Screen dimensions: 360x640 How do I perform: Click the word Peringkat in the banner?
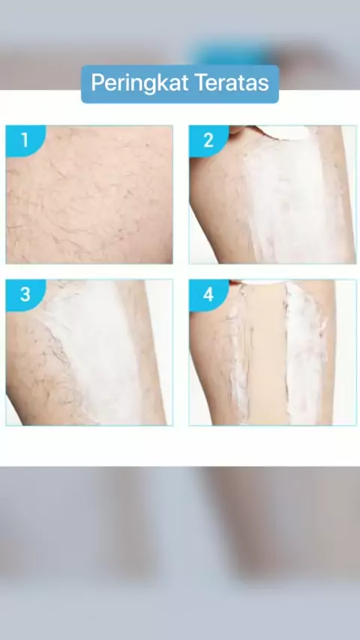(139, 83)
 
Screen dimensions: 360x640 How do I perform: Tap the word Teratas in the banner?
(232, 82)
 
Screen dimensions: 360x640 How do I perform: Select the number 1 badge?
(25, 140)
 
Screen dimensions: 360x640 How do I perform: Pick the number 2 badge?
(208, 140)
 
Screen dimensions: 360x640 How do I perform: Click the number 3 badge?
(25, 295)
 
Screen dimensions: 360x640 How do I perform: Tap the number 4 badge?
(208, 295)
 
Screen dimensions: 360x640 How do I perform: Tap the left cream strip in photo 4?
(238, 351)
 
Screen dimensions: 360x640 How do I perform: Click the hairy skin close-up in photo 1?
(89, 194)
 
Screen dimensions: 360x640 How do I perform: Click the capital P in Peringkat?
(97, 83)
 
